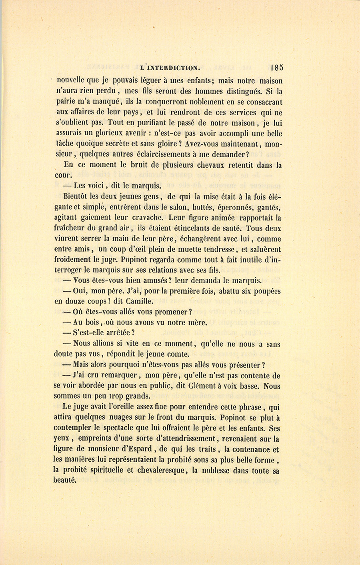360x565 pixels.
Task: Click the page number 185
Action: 276,68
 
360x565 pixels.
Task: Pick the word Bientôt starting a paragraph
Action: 76,196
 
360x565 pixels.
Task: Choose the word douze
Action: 76,301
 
